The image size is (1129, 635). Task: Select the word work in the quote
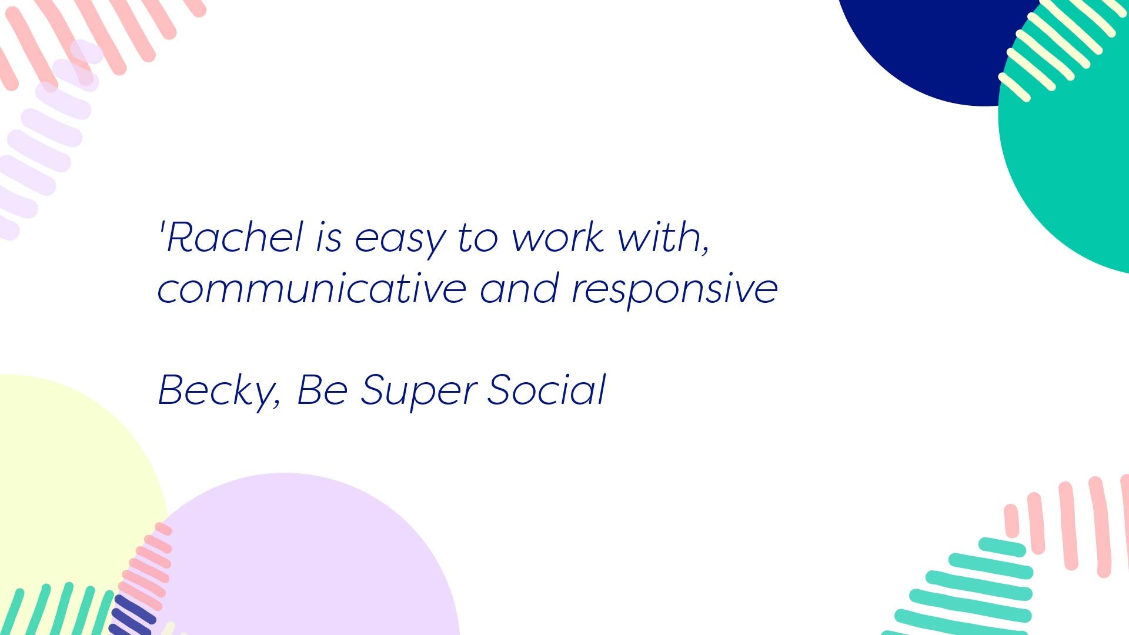pos(558,237)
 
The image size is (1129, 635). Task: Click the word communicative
pos(312,288)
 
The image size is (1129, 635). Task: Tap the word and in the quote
pos(519,288)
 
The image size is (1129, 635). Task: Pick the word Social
pos(547,389)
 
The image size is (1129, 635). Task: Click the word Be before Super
pos(322,389)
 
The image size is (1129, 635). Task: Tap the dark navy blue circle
pos(935,47)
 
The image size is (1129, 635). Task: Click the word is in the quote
pos(329,237)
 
